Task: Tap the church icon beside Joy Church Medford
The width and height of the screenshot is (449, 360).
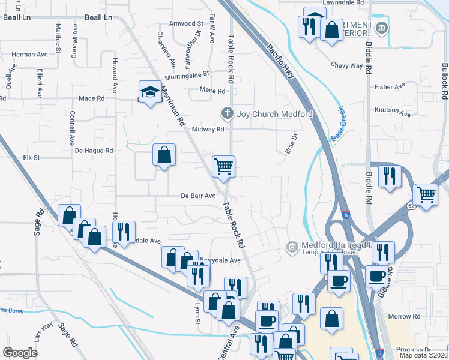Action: point(228,113)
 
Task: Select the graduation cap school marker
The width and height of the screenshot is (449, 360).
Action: point(150,92)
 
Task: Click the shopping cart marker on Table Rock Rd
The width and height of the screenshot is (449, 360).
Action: point(223,166)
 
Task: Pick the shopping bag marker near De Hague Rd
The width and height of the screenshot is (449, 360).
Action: point(164,155)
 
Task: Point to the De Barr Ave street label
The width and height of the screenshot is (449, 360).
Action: point(198,196)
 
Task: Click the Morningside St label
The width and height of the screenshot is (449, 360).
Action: point(187,74)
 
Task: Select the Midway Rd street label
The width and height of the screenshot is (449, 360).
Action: point(208,129)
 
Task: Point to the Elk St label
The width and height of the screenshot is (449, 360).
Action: point(31,158)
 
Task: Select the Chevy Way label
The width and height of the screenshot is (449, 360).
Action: point(347,65)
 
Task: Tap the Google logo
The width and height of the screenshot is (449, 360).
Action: point(20,353)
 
